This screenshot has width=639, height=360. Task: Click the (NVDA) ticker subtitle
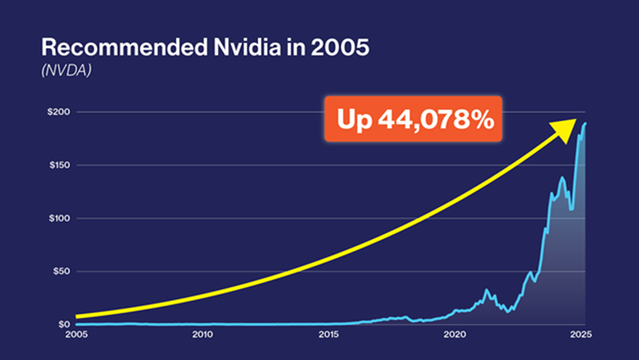click(66, 70)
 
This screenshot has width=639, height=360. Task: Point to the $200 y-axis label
click(60, 112)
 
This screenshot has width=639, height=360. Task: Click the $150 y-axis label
click(60, 165)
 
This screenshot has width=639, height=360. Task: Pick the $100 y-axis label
click(60, 218)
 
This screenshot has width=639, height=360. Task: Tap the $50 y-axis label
click(62, 271)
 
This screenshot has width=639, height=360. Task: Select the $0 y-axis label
click(64, 325)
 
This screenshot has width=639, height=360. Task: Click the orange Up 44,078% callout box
click(413, 119)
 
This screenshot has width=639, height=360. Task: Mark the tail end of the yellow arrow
click(77, 316)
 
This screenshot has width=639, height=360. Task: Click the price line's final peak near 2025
click(585, 123)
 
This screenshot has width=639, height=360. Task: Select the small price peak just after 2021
click(486, 290)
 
